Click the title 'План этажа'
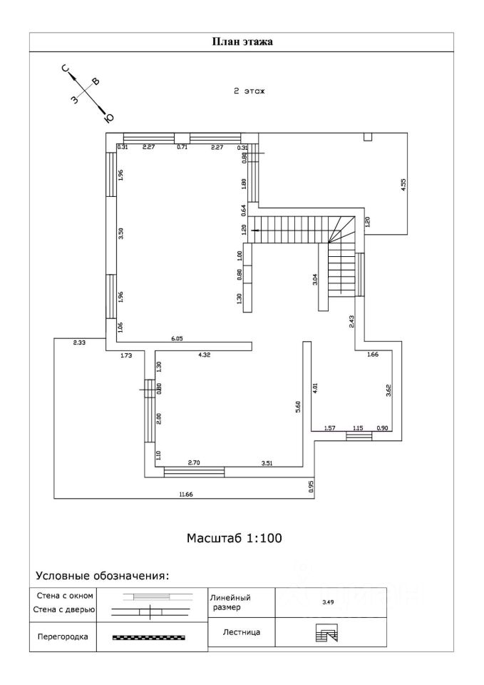tap(242, 41)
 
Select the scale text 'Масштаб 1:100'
tap(235, 537)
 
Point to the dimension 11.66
tap(187, 493)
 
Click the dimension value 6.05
tap(177, 339)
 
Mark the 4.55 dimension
tap(403, 183)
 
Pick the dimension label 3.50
tap(121, 233)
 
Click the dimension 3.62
tap(388, 390)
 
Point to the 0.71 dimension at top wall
tap(182, 147)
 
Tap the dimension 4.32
tap(204, 354)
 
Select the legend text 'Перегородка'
tap(62, 637)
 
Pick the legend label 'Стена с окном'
tap(63, 596)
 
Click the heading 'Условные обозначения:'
tap(102, 575)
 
